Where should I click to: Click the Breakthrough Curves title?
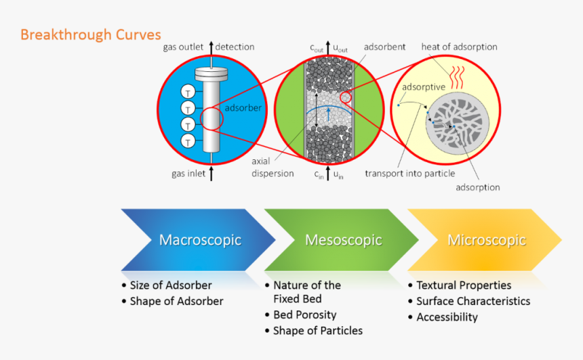click(91, 35)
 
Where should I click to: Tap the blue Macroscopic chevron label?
click(201, 240)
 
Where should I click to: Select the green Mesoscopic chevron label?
click(344, 240)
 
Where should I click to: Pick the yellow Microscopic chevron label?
click(487, 240)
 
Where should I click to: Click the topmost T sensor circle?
click(188, 92)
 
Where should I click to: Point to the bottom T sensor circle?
click(188, 141)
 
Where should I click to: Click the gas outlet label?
click(183, 47)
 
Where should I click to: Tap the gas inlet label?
click(188, 174)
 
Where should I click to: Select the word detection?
click(235, 47)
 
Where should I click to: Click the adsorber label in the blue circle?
click(243, 108)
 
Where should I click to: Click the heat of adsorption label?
click(459, 47)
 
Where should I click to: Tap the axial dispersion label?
click(273, 167)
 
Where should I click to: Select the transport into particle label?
click(410, 174)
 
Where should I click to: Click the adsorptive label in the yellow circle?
click(424, 87)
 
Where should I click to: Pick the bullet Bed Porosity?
click(305, 315)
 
